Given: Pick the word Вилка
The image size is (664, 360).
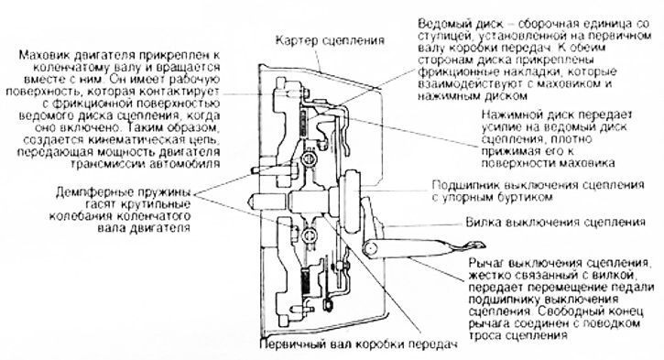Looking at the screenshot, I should click(x=484, y=223).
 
